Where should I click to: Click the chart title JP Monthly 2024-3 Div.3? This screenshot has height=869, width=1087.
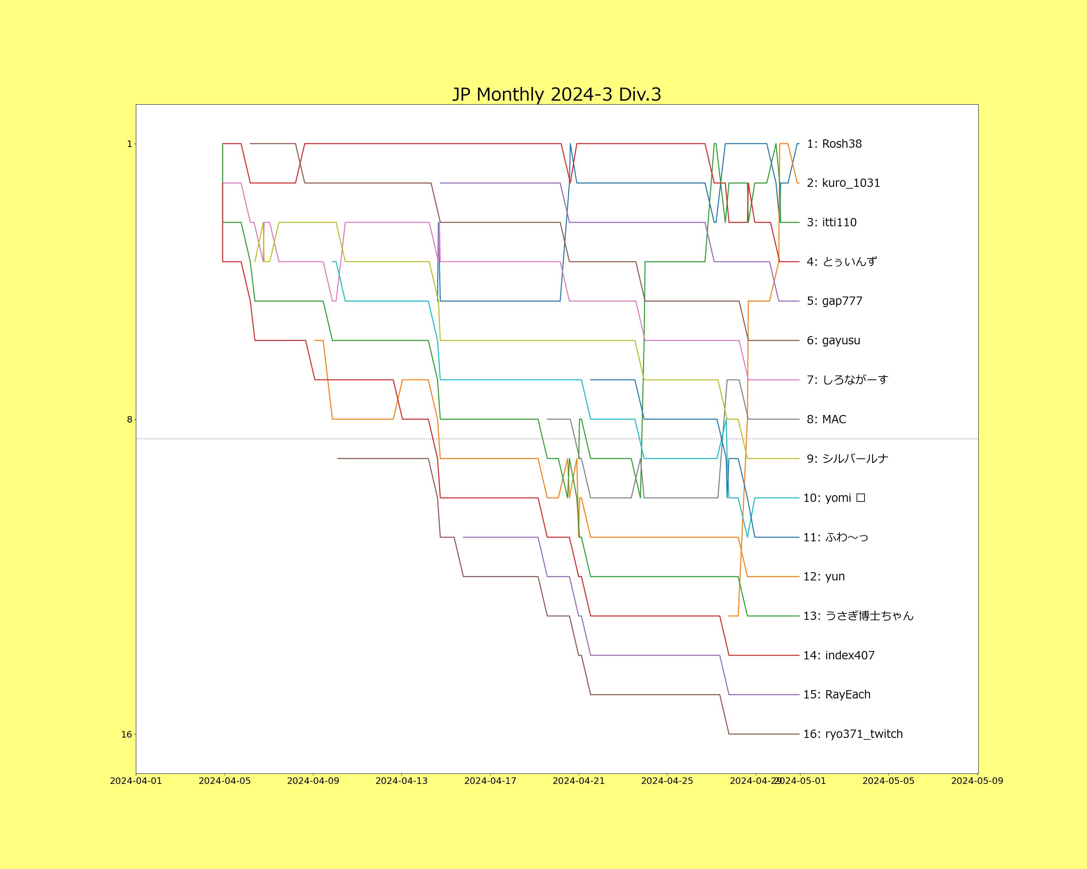(x=556, y=94)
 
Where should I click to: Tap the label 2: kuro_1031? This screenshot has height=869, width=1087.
(x=843, y=183)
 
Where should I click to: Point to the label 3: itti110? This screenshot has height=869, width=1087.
(x=832, y=222)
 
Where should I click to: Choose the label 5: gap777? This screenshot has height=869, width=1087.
(x=834, y=301)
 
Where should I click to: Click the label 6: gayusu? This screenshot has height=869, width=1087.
(x=833, y=341)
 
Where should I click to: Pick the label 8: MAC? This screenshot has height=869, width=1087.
(x=826, y=419)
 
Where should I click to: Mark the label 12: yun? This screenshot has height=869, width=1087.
(x=824, y=576)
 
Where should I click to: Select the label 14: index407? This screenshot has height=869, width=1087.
(x=838, y=655)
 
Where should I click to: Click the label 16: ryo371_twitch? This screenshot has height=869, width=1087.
(x=853, y=734)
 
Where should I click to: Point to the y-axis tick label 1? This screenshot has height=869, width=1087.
(x=129, y=144)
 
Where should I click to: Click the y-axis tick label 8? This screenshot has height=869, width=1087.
(x=129, y=419)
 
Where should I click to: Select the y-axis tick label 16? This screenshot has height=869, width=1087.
(x=126, y=735)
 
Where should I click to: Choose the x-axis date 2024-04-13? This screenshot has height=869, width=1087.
(x=401, y=781)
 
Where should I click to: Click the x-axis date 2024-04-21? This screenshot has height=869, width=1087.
(x=578, y=781)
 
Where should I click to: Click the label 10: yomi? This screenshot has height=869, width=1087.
(x=834, y=498)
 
